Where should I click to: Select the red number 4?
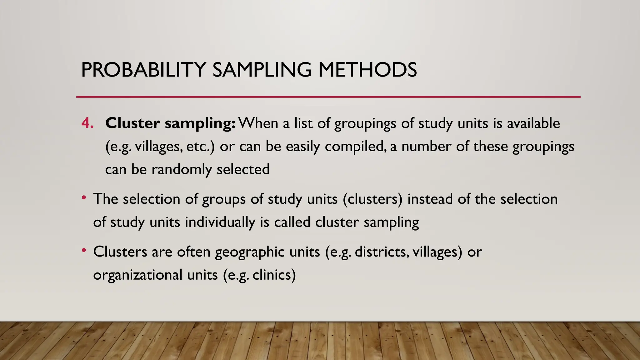pyautogui.click(x=87, y=123)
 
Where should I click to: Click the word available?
pyautogui.click(x=533, y=123)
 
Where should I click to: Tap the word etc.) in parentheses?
pyautogui.click(x=200, y=146)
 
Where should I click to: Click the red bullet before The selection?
pyautogui.click(x=83, y=198)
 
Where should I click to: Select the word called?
pyautogui.click(x=292, y=222)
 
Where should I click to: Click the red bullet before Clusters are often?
pyautogui.click(x=83, y=250)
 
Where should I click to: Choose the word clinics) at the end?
pyautogui.click(x=274, y=275)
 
